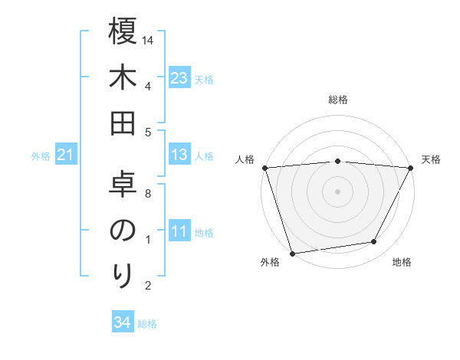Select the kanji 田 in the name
123,124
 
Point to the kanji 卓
123,185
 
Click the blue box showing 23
179,78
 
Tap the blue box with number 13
179,155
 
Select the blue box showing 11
179,232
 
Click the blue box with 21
66,155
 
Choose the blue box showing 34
122,322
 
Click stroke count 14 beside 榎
149,40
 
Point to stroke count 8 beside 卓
148,194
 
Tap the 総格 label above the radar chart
337,100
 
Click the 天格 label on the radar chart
432,159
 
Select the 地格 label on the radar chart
402,263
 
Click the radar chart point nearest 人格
264,167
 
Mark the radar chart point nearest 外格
292,253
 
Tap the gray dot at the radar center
337,191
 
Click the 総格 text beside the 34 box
147,323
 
